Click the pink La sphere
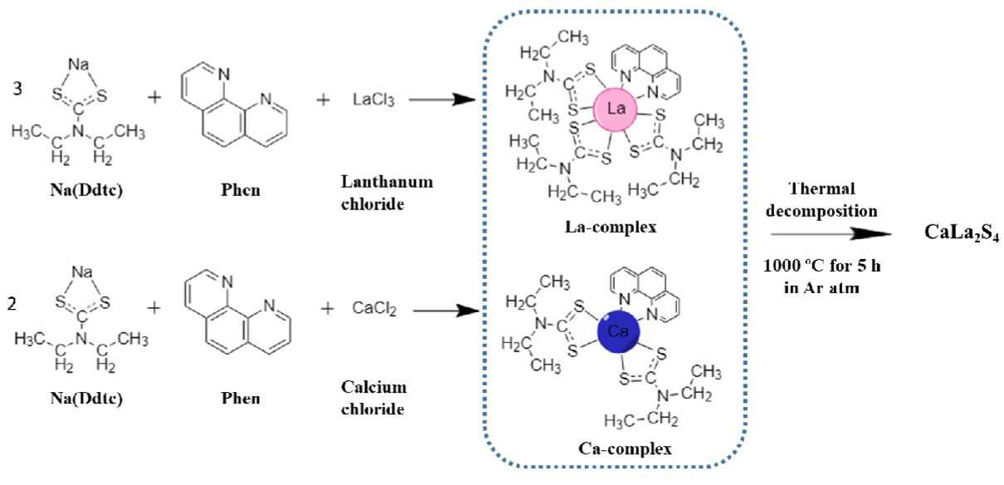pyautogui.click(x=615, y=110)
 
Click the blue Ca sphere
pyautogui.click(x=618, y=332)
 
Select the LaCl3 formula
pyautogui.click(x=373, y=100)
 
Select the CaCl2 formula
pyautogui.click(x=374, y=308)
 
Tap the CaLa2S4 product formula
pyautogui.click(x=962, y=233)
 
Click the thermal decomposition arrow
pyautogui.click(x=831, y=233)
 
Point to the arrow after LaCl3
pyautogui.click(x=442, y=99)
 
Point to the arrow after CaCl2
pyautogui.click(x=446, y=310)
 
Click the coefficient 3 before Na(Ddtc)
pyautogui.click(x=17, y=89)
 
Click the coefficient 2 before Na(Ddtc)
pyautogui.click(x=12, y=304)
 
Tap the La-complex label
pyautogui.click(x=611, y=227)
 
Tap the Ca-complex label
pyautogui.click(x=625, y=448)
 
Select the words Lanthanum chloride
pyautogui.click(x=387, y=193)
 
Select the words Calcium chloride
pyautogui.click(x=374, y=398)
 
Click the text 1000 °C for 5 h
pyautogui.click(x=822, y=266)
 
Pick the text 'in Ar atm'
pyautogui.click(x=821, y=287)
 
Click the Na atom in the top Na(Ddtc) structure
pyautogui.click(x=79, y=65)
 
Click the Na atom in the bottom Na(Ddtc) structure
pyautogui.click(x=82, y=272)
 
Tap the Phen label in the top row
pyautogui.click(x=241, y=190)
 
